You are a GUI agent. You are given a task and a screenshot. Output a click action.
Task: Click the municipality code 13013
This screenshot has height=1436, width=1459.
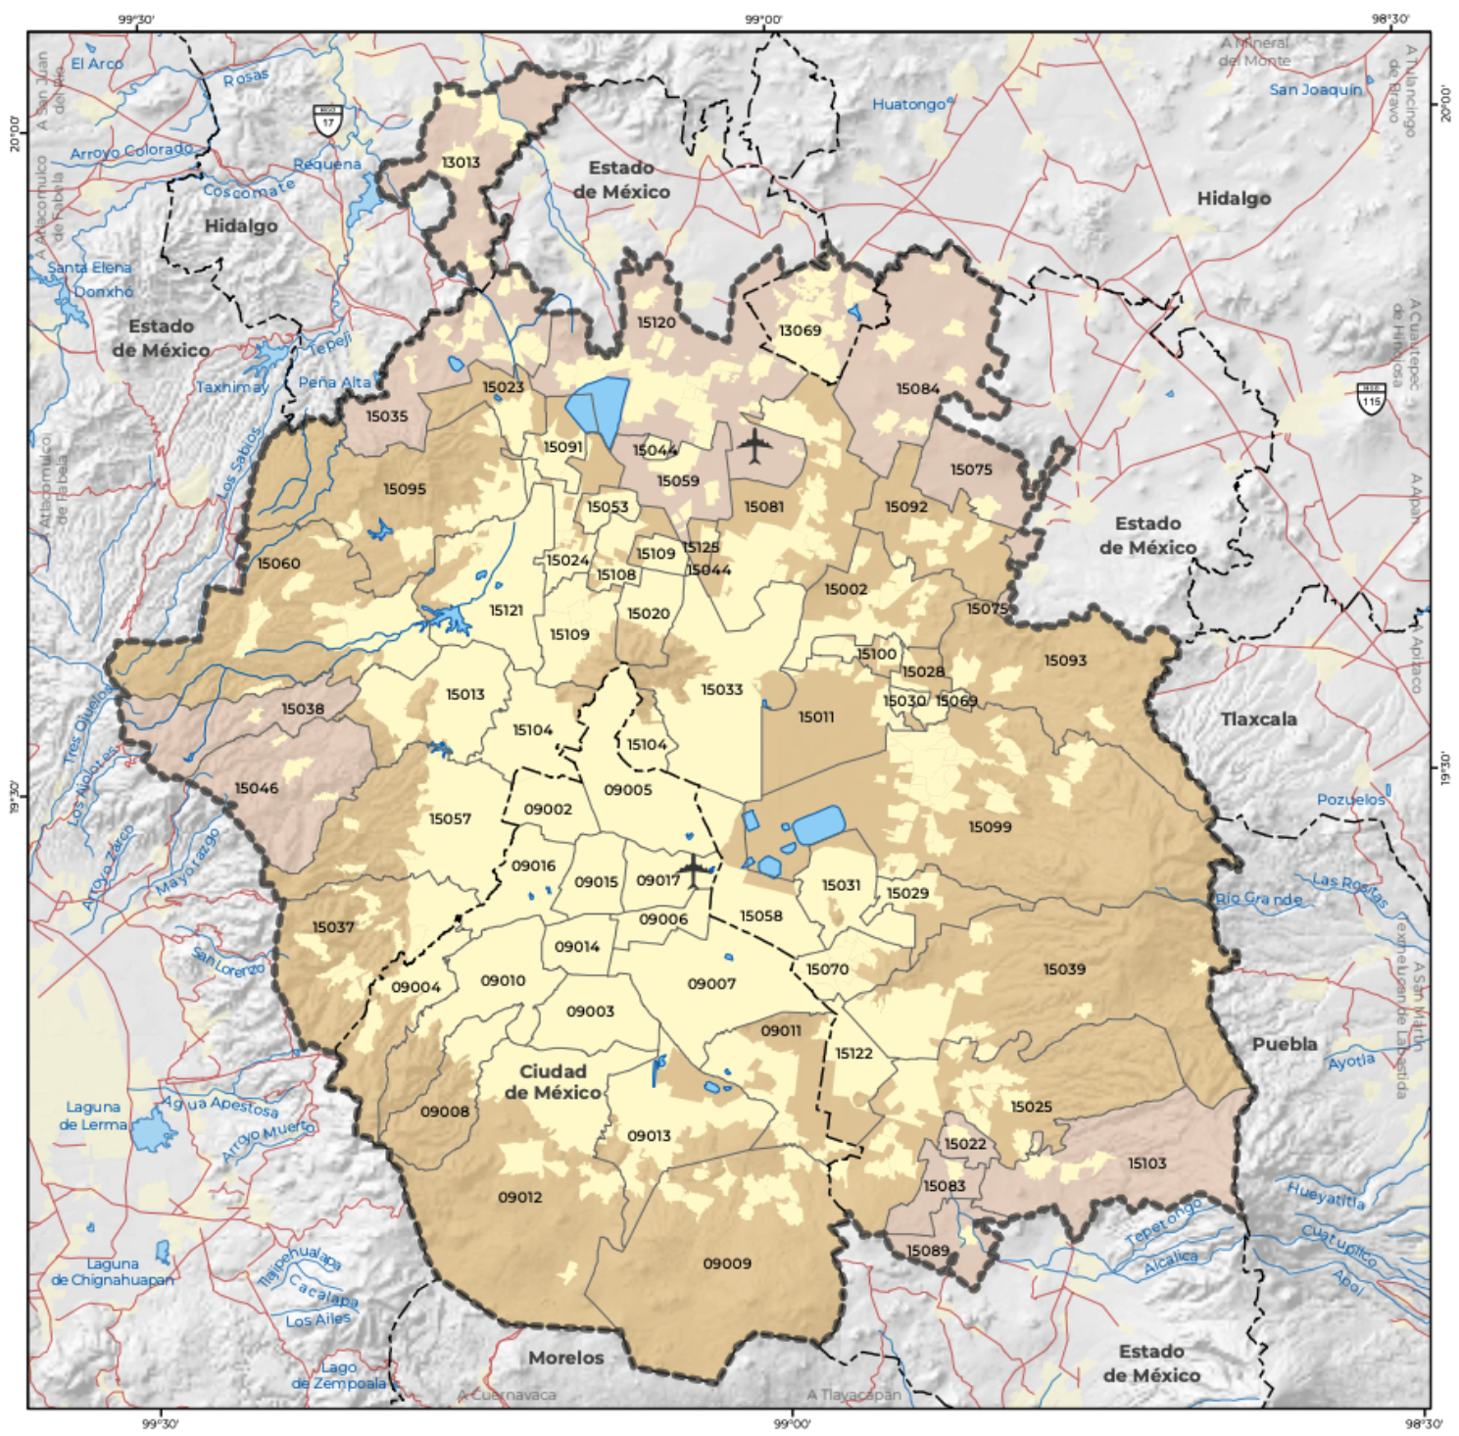(x=460, y=162)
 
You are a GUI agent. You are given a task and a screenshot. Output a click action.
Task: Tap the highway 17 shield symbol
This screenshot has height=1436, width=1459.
(x=327, y=120)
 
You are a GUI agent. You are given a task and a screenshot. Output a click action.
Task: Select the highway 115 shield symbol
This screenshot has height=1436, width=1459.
(x=1371, y=398)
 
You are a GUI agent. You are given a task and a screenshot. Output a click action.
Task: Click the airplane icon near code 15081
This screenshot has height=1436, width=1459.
(x=754, y=446)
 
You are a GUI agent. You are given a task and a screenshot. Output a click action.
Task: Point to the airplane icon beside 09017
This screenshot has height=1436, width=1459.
(x=694, y=869)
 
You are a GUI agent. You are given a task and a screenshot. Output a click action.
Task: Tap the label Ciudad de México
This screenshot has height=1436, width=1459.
(x=553, y=1082)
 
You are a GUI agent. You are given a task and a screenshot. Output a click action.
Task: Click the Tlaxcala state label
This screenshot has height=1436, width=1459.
(x=1258, y=718)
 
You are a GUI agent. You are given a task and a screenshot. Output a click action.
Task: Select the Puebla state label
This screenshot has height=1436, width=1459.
(x=1284, y=1044)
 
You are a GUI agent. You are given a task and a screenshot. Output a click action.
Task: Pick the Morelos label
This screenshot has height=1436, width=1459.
(x=565, y=1358)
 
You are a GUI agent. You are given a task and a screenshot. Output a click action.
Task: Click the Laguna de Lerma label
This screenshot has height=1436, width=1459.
(x=93, y=1115)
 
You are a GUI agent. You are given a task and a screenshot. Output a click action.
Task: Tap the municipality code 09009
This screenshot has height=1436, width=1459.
(x=727, y=1263)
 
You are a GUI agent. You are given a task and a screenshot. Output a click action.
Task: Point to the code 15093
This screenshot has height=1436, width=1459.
(x=1065, y=661)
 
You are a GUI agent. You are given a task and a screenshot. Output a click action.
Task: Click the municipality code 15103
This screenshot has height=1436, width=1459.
(x=1146, y=1164)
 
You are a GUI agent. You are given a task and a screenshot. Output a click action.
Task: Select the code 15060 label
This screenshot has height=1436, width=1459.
(x=278, y=564)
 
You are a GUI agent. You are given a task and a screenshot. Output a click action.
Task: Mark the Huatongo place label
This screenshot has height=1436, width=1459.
(x=908, y=104)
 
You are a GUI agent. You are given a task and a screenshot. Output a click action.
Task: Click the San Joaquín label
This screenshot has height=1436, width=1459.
(x=1315, y=89)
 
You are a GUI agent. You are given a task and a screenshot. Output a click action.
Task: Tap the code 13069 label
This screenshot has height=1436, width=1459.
(x=800, y=330)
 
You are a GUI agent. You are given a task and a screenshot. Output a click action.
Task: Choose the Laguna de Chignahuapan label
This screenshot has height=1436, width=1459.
(x=112, y=1271)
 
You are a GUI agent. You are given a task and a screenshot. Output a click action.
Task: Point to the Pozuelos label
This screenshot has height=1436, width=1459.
(x=1350, y=799)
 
